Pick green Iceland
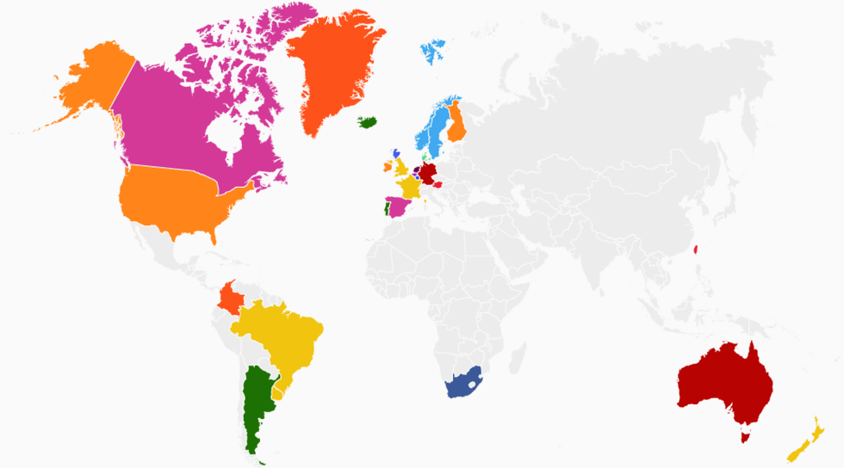pos(368,122)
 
